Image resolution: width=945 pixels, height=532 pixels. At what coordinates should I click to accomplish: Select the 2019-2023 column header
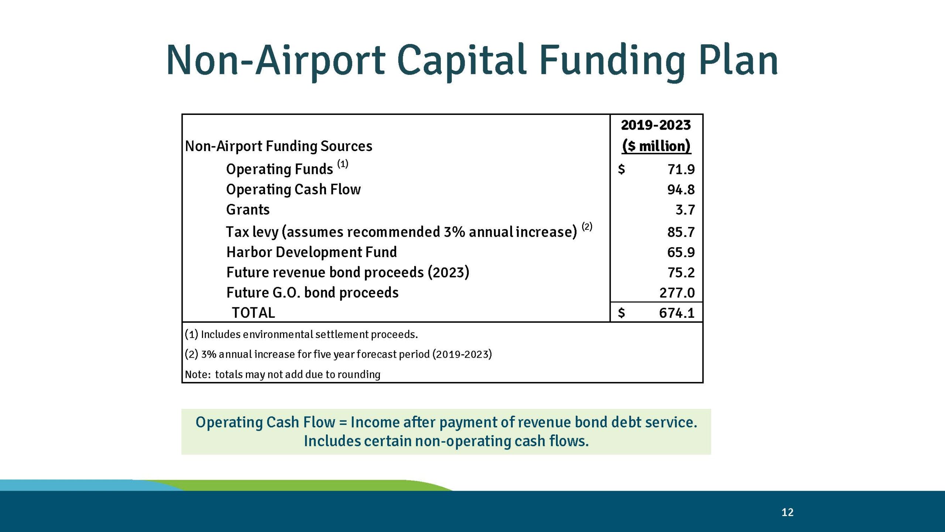click(x=656, y=125)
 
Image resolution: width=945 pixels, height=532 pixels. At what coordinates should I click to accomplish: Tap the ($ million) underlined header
click(x=656, y=146)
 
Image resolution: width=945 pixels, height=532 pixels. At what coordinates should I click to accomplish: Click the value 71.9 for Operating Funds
click(x=681, y=170)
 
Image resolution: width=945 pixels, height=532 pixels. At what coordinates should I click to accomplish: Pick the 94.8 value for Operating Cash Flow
click(x=681, y=190)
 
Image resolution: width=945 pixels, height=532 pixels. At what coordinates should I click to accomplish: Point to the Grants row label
click(x=248, y=210)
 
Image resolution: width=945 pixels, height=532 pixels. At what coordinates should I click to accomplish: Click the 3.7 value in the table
click(x=685, y=210)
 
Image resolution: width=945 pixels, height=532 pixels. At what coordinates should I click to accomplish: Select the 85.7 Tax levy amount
click(x=681, y=232)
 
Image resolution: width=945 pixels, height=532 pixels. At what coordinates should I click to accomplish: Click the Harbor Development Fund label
click(x=311, y=252)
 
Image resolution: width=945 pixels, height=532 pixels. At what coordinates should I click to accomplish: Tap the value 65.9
click(x=681, y=253)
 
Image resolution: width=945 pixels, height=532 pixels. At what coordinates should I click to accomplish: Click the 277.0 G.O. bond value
click(x=677, y=293)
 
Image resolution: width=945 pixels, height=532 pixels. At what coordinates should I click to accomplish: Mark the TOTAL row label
click(x=253, y=313)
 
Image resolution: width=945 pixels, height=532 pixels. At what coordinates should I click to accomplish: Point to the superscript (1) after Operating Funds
click(x=343, y=164)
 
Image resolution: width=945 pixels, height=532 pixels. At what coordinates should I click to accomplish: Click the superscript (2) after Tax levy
click(x=587, y=226)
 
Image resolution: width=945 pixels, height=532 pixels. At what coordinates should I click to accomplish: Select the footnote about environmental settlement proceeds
click(x=301, y=334)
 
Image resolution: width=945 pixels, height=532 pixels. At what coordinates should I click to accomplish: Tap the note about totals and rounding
click(x=282, y=375)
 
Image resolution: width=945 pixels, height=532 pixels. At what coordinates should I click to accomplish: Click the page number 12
click(x=787, y=512)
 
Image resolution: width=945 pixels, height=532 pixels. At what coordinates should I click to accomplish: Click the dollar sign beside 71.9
click(x=621, y=170)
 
